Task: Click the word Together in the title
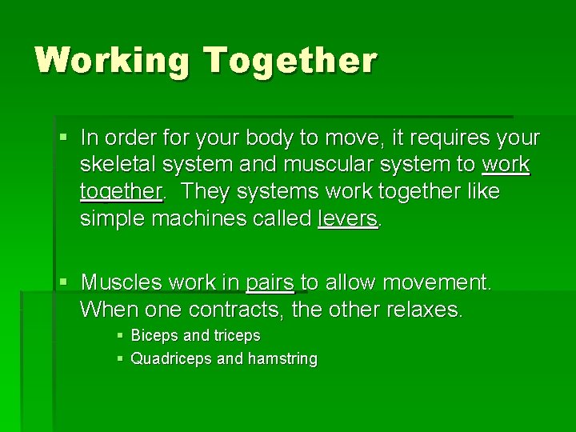click(290, 62)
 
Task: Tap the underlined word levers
click(347, 219)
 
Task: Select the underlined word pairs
click(270, 282)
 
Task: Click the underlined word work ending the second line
click(506, 165)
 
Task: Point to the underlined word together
click(121, 193)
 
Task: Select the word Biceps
click(155, 336)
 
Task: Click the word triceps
click(236, 336)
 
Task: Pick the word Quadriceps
click(171, 359)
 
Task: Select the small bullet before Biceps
click(119, 336)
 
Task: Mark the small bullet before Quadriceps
click(119, 359)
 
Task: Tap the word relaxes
click(422, 309)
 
